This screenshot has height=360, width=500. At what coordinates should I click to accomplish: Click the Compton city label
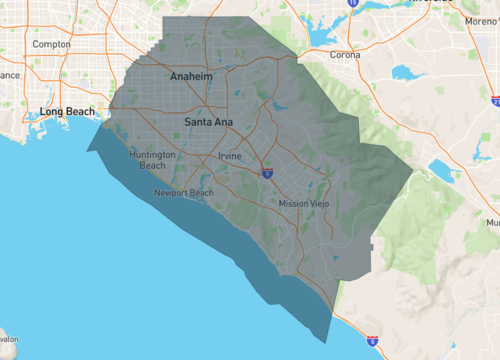51,44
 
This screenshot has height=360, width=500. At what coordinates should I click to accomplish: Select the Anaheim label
190,77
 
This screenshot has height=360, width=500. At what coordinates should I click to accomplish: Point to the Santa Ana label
208,122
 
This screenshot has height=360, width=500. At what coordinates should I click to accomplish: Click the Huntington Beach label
153,160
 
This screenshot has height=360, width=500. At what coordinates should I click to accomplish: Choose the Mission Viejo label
303,204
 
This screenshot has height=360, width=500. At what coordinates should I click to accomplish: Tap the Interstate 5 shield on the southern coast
371,342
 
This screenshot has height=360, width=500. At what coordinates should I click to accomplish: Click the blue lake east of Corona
408,73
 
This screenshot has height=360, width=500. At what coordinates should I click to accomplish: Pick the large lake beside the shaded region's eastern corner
441,170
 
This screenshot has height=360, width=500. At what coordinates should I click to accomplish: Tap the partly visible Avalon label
8,338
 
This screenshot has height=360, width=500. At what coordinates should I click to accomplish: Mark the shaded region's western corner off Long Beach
89,150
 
